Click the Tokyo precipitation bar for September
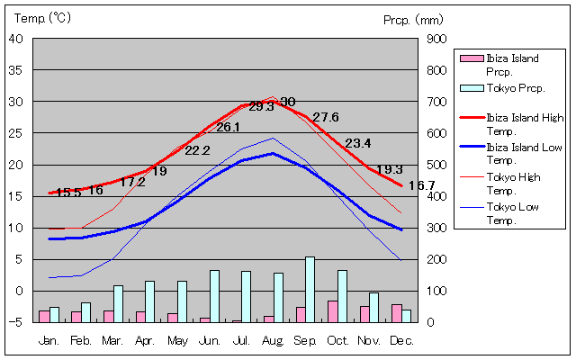tap(310, 289)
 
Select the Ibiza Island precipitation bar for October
tap(332, 311)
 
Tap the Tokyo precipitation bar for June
tap(214, 296)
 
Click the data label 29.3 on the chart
tap(261, 106)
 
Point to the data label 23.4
tap(357, 143)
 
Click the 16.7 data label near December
tap(421, 185)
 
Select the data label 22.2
tap(197, 150)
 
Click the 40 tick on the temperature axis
tap(16, 39)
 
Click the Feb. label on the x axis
tap(80, 340)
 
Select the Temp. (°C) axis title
tap(42, 17)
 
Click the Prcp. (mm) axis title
tap(413, 19)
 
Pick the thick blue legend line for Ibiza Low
tap(471, 148)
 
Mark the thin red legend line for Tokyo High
tap(471, 177)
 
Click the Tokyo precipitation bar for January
tap(54, 314)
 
